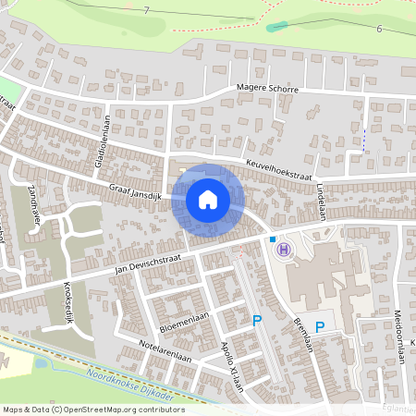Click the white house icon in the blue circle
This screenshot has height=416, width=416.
click(207, 199)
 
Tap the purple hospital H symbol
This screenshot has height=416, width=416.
click(284, 249)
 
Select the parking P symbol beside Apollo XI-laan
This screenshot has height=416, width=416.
click(258, 321)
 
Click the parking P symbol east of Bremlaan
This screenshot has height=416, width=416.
click(320, 326)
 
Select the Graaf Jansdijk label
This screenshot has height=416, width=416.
click(136, 190)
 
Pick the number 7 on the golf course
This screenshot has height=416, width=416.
click(145, 9)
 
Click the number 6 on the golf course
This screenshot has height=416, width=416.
click(379, 29)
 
